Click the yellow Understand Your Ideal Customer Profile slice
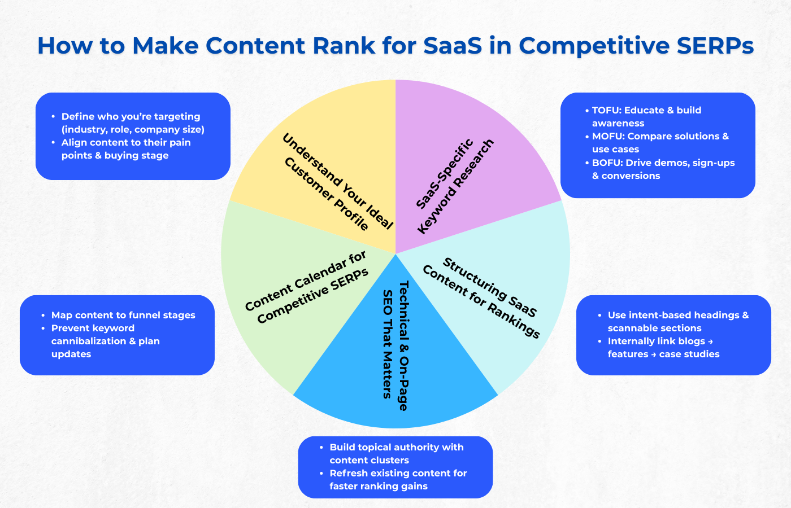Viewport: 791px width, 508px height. (316, 164)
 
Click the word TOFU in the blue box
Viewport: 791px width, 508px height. (605, 111)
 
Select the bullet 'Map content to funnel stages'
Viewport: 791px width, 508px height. (123, 316)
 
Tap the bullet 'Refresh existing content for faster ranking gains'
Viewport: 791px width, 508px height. (398, 480)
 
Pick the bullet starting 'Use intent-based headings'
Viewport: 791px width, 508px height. (677, 322)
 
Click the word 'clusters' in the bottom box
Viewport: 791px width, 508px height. (389, 461)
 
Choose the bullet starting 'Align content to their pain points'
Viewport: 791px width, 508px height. (125, 149)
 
